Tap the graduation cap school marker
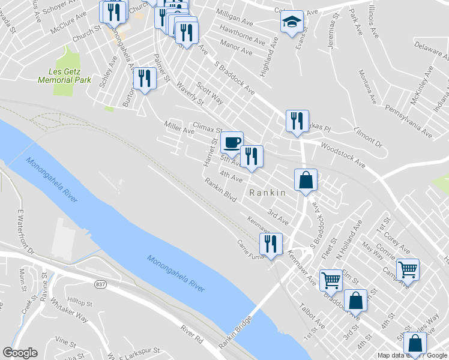[x=292, y=23]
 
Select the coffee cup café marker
[x=232, y=142]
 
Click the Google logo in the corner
[x=20, y=353]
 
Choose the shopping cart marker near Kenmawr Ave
[x=331, y=280]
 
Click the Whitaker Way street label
[x=69, y=310]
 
